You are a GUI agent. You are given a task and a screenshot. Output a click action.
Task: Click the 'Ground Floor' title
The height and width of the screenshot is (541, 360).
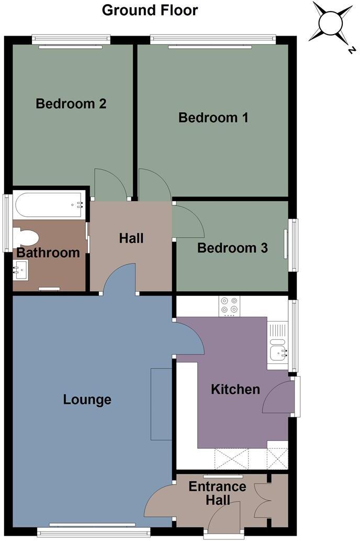[150, 10]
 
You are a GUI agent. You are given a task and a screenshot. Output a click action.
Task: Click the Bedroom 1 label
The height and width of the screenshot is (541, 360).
[213, 118]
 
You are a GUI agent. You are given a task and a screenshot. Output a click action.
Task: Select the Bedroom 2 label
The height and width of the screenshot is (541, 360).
[71, 104]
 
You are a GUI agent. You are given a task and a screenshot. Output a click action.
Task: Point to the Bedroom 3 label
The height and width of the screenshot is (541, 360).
[232, 248]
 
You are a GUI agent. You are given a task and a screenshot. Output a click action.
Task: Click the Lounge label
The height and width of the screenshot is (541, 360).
[87, 400]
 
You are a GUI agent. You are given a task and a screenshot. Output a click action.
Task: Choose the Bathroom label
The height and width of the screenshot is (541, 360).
[48, 253]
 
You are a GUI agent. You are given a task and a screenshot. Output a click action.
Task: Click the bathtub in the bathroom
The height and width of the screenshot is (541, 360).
[49, 205]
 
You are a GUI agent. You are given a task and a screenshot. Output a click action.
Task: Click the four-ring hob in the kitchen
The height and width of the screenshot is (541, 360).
[229, 306]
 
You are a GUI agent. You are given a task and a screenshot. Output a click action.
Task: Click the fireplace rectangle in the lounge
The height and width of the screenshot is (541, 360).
[161, 404]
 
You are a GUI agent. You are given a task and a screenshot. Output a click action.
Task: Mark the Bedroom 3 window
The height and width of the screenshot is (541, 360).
[293, 245]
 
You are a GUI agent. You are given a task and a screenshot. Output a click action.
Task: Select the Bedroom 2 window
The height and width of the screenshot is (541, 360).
[71, 41]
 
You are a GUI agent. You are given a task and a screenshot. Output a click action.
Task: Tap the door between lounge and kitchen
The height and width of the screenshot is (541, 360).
[188, 338]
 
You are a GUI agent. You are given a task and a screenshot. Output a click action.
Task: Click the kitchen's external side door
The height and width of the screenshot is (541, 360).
[277, 398]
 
